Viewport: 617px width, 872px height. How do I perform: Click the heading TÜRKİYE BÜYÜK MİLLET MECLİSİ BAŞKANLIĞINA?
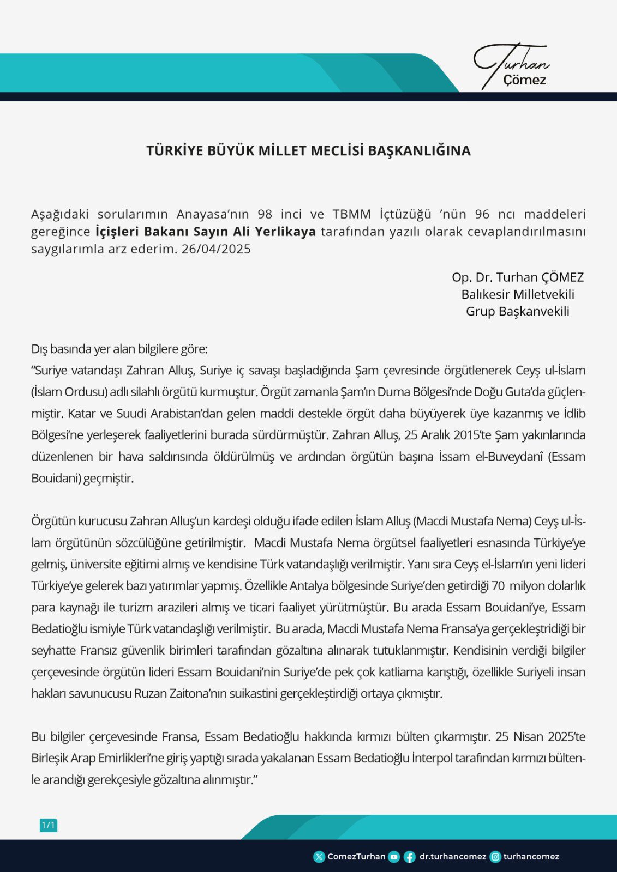coord(308,151)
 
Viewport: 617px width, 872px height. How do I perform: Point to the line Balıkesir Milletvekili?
coord(518,294)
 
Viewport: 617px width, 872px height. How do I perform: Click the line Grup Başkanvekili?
coord(518,311)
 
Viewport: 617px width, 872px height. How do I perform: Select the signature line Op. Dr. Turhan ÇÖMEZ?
coord(518,277)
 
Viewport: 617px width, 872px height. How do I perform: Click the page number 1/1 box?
coord(49,825)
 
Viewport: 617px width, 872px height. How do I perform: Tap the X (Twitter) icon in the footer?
coord(319,857)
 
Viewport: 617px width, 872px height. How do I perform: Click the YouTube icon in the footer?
coord(394,857)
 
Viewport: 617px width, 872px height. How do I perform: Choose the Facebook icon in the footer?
coord(409,857)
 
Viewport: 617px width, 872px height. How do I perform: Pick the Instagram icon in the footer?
coord(495,857)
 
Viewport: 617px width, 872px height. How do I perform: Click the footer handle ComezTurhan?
coord(356,857)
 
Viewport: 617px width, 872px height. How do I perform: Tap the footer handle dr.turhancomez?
coord(453,857)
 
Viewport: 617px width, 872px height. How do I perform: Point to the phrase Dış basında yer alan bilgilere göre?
coord(119,349)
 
